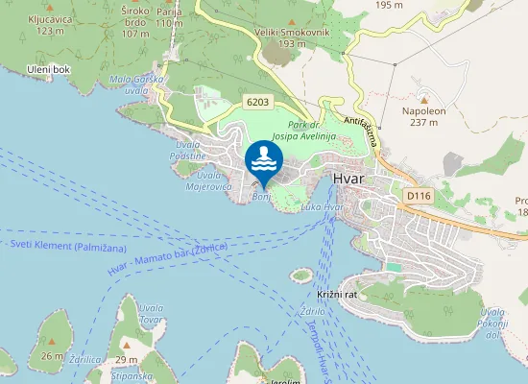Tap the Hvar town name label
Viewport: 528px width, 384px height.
click(351, 180)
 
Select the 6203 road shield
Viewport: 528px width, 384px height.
click(257, 102)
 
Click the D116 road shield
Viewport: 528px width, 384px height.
click(418, 196)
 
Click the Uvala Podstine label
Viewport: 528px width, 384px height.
click(186, 151)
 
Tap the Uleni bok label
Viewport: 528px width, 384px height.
click(50, 70)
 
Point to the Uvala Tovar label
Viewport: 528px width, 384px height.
click(151, 314)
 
